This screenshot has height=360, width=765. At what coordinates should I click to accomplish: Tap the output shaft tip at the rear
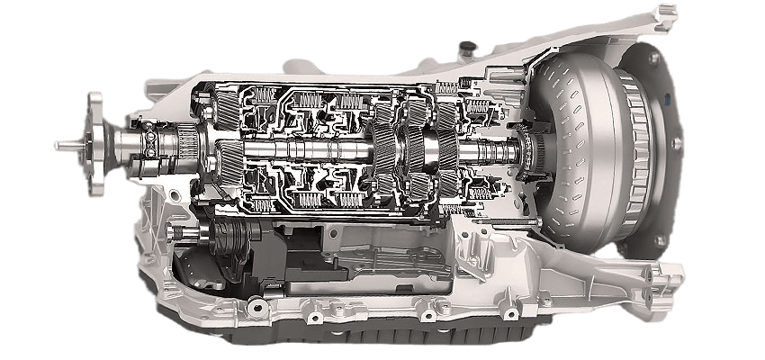61,144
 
